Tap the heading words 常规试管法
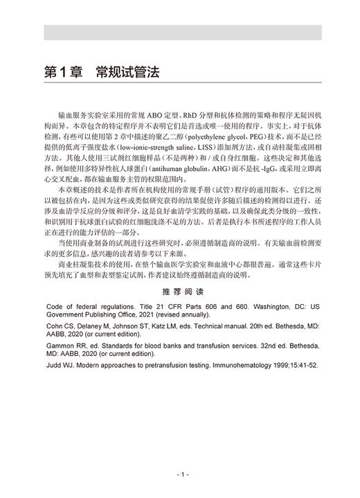click(x=129, y=71)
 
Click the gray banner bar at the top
click(x=180, y=33)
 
